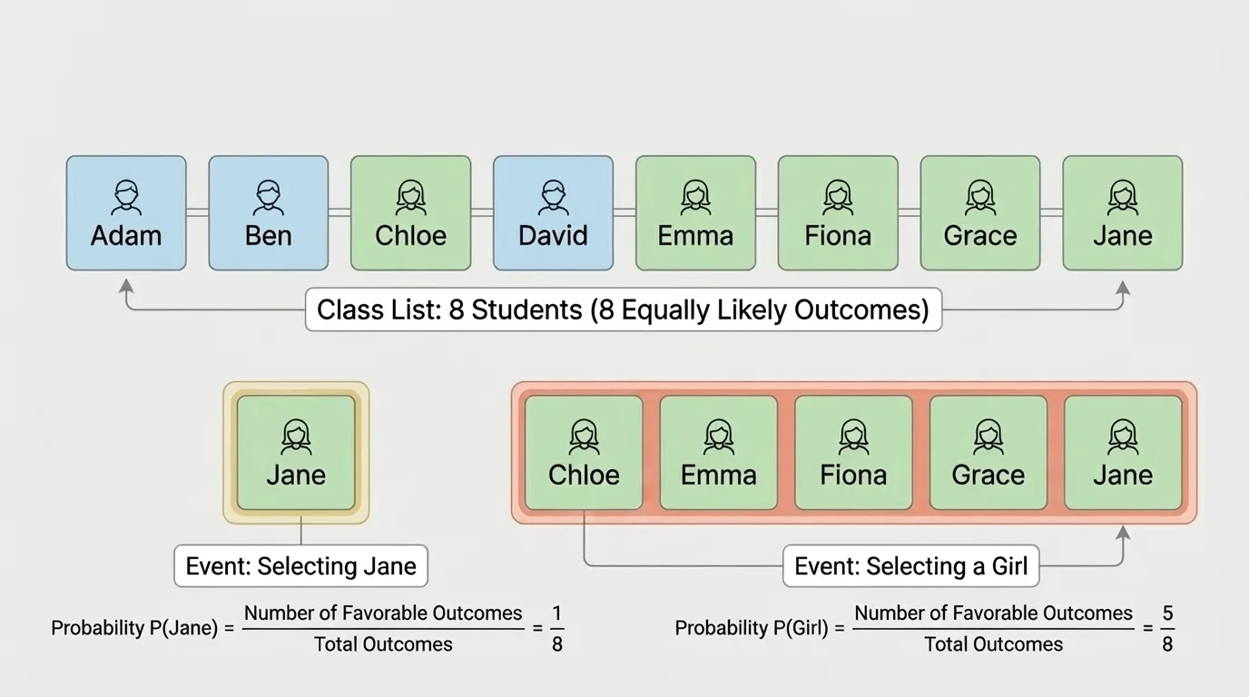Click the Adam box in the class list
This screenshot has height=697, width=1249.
coord(126,213)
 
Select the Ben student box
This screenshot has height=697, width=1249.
coord(269,213)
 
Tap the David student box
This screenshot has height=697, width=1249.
coord(553,213)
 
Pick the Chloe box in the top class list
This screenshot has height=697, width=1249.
coord(410,213)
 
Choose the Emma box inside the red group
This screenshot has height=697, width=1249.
coord(718,453)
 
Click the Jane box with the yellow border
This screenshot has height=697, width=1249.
coord(296,453)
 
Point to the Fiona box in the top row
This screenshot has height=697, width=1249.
coord(838,213)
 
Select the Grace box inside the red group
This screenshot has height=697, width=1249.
coord(988,453)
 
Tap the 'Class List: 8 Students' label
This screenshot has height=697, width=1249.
coord(623,310)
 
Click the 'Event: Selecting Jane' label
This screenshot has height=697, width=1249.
coord(300,566)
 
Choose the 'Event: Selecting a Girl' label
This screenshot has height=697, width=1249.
coord(910,566)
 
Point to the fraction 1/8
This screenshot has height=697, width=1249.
coord(556,628)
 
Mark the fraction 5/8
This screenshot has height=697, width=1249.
coord(1167,628)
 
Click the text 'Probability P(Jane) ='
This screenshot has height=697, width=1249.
coord(143,628)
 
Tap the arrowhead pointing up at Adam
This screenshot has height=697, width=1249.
coord(126,287)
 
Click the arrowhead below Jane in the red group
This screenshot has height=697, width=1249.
coord(1123,532)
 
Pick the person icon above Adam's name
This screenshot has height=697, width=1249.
coord(126,197)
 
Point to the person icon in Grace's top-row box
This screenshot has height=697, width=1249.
coord(980,197)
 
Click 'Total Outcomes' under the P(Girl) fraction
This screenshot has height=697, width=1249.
coord(993,644)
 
